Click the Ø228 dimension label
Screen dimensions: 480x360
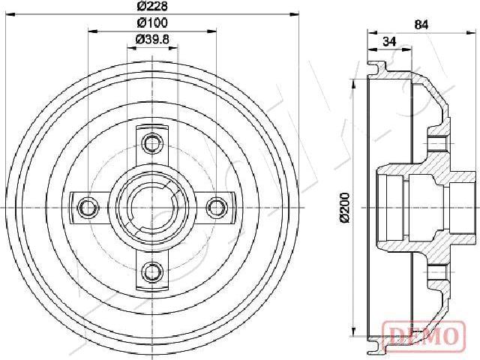point(152,5)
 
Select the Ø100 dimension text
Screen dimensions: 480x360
point(152,22)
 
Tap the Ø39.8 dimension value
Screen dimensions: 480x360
point(152,39)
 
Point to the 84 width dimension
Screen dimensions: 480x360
point(421,25)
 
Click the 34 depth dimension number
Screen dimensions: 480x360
point(389,41)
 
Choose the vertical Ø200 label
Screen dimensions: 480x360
point(345,207)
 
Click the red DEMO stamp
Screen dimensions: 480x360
point(424,335)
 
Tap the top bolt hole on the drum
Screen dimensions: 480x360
point(152,143)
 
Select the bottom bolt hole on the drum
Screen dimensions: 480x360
point(152,271)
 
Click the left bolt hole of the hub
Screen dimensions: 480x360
point(88,208)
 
